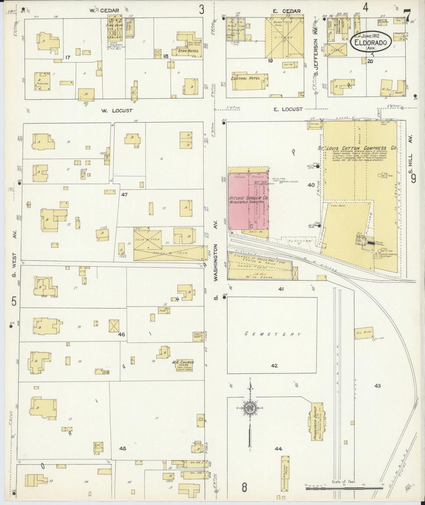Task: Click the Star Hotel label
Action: click(x=188, y=51)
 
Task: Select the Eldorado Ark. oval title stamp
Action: click(x=371, y=42)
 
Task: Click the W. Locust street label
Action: click(x=117, y=111)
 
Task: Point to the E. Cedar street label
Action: click(x=286, y=11)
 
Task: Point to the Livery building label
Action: click(x=284, y=38)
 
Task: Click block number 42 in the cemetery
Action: click(x=274, y=366)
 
